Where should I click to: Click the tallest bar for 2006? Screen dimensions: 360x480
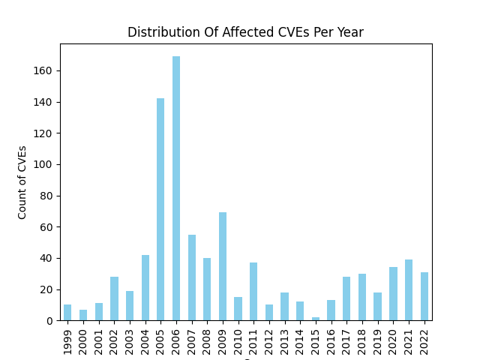[x=176, y=188]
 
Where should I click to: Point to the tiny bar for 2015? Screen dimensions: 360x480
[x=316, y=319]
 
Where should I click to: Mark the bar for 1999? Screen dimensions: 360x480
[x=67, y=313]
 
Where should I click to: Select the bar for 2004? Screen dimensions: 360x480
[x=145, y=288]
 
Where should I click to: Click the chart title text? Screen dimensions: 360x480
[x=245, y=32]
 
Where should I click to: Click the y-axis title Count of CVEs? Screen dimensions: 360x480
[x=22, y=182]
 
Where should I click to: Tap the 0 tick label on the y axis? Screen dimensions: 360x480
[x=49, y=320]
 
